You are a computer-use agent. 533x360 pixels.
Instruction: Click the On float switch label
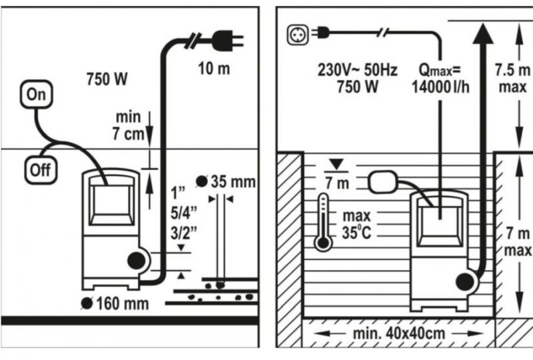pos(36,94)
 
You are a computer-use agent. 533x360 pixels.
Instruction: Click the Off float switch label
pos(41,170)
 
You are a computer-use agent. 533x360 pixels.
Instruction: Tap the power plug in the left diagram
pos(227,41)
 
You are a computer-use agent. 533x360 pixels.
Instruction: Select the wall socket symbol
pos(298,35)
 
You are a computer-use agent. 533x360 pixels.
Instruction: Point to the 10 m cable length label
pos(214,69)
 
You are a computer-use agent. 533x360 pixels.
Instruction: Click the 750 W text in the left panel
pos(107,79)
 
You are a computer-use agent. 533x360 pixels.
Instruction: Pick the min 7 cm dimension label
pos(128,125)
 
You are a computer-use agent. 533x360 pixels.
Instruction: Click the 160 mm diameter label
pos(115,303)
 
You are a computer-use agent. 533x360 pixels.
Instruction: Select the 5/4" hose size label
pos(184,213)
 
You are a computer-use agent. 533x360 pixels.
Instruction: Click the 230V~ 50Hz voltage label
pos(357,70)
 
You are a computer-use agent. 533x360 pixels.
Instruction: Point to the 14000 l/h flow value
pos(440,87)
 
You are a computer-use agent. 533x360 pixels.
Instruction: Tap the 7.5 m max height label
pos(512,78)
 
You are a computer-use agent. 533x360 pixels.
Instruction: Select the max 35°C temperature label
pos(356,225)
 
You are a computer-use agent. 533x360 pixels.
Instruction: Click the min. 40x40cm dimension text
pos(399,333)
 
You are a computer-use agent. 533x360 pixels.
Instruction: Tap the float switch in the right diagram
pos(383,182)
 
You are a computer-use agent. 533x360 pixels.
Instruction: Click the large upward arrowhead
pos(483,33)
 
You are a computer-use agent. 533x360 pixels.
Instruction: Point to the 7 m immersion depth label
pos(337,183)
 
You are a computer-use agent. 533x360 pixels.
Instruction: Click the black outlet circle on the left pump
pos(137,261)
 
